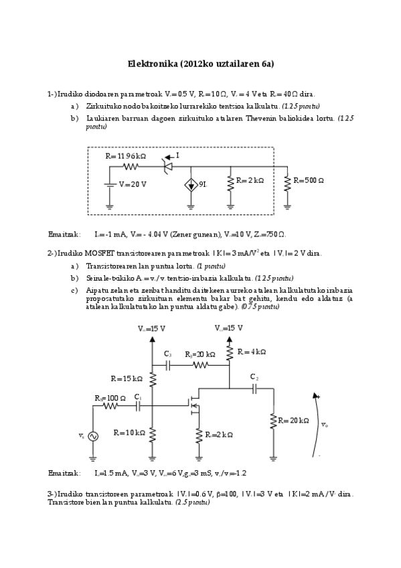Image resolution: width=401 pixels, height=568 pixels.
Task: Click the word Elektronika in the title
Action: [x=152, y=64]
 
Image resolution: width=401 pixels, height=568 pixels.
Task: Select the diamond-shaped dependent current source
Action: [x=191, y=184]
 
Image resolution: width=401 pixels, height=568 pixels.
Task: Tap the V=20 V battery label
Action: [x=133, y=184]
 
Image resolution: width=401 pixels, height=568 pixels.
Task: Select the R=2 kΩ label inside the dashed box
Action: [x=250, y=181]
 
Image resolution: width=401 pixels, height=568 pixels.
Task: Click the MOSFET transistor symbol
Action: [x=194, y=404]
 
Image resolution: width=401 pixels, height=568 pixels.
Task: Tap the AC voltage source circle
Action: [x=91, y=436]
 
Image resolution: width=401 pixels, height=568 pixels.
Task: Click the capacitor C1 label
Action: [x=137, y=397]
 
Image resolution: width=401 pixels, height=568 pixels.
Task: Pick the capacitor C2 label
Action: [x=254, y=377]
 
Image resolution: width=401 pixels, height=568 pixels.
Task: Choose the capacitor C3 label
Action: [x=168, y=354]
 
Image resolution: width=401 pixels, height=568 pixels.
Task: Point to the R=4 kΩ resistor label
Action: [x=252, y=352]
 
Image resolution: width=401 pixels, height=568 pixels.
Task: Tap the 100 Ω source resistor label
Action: [x=110, y=398]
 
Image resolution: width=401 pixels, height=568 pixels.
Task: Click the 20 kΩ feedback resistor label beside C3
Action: [x=199, y=354]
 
